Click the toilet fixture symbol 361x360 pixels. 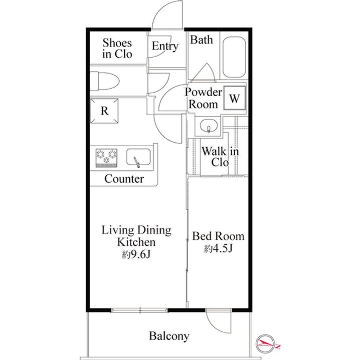[104, 81]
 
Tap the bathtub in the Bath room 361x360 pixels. [234, 58]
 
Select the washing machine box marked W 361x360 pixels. [235, 98]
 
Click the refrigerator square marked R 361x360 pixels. [104, 111]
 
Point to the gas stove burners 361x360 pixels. [106, 158]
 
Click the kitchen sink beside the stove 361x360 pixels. [138, 157]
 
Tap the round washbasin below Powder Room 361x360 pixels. [209, 126]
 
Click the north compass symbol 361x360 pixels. [267, 343]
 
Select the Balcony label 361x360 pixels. [169, 336]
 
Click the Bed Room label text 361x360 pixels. [218, 236]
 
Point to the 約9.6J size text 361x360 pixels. [136, 254]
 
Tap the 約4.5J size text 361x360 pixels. [218, 248]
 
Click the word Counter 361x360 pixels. [124, 179]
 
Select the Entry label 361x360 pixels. [165, 46]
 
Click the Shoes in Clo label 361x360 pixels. [117, 48]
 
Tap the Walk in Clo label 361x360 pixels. [220, 157]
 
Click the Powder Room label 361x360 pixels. [203, 98]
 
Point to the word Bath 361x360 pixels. [201, 40]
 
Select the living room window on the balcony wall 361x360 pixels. [139, 310]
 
